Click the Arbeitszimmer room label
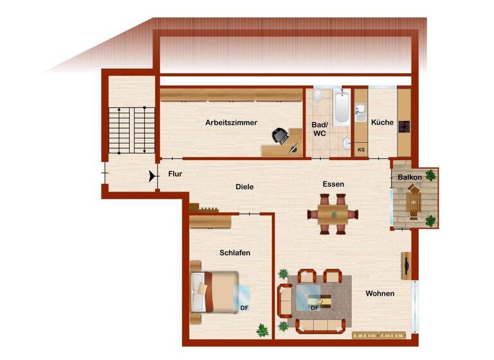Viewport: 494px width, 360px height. point(232,122)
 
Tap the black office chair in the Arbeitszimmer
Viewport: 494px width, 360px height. point(280,136)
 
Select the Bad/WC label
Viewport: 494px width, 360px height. point(320,129)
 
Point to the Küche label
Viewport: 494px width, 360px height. point(382,122)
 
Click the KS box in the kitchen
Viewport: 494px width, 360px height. point(361,150)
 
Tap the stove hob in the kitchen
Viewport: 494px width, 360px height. point(404,126)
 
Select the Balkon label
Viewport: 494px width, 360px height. point(410,177)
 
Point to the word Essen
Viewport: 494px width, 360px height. point(333,184)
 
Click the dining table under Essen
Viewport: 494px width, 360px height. point(334,213)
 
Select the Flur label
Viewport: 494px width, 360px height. point(176,174)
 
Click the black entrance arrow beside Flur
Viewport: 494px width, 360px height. point(152,175)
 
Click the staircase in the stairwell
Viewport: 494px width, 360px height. point(132,130)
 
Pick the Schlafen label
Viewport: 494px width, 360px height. point(235,253)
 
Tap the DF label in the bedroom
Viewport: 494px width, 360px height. point(244,307)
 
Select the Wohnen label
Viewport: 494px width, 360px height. point(380,294)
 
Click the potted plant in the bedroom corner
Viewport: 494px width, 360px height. point(262,330)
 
